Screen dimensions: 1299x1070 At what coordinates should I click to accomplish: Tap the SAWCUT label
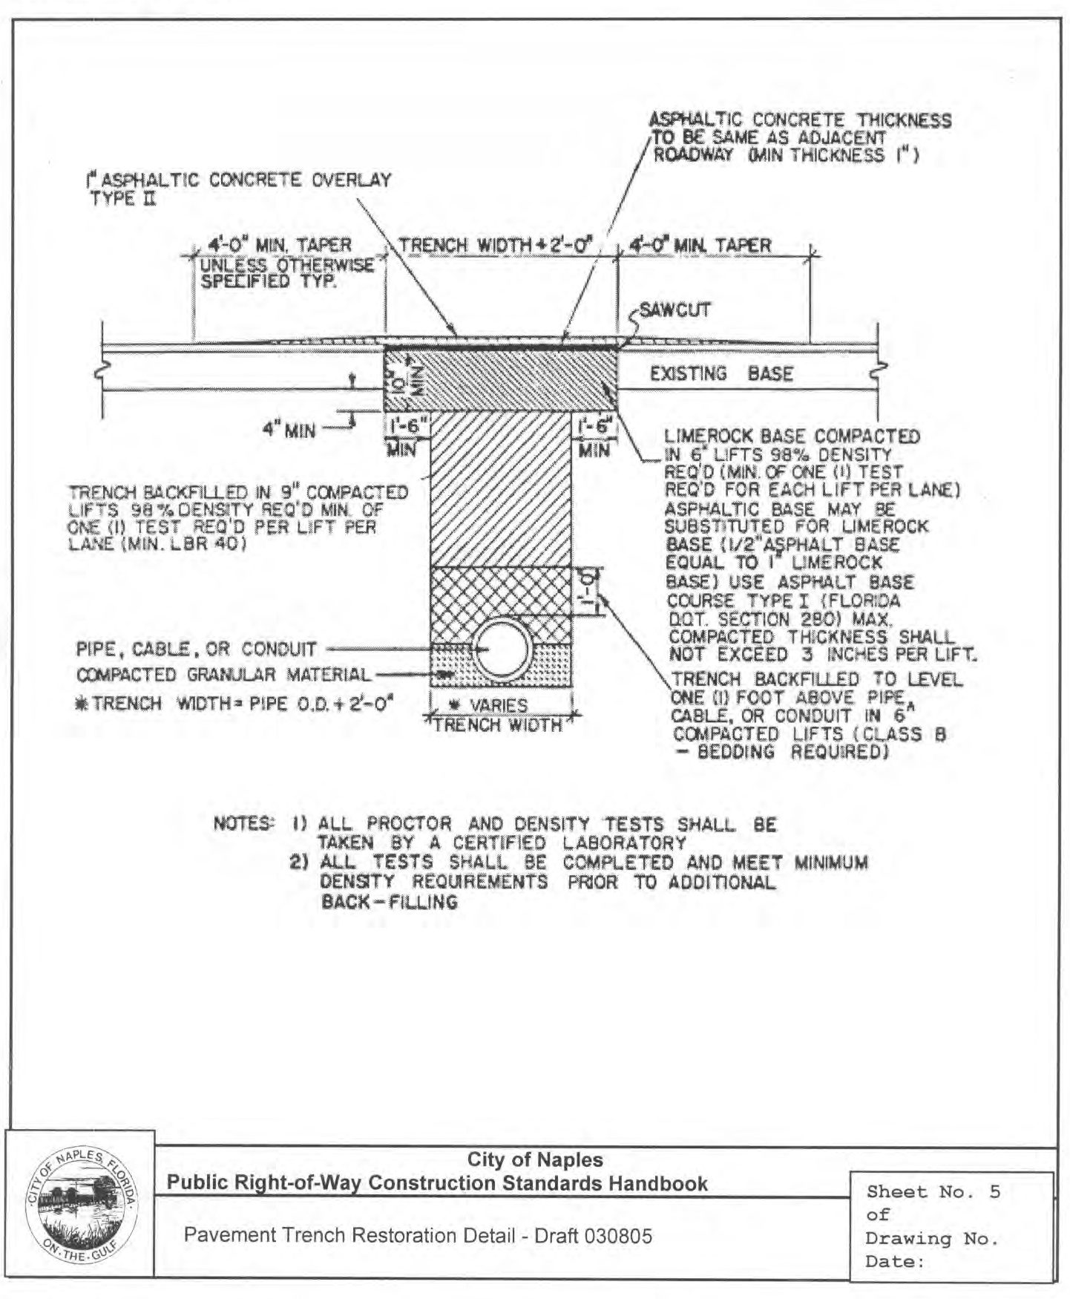675,310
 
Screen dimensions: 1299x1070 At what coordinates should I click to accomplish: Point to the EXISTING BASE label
721,373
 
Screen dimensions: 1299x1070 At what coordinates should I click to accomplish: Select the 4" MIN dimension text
289,431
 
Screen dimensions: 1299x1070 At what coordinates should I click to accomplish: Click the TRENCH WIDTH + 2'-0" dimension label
496,245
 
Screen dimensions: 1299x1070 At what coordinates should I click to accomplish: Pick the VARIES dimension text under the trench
499,704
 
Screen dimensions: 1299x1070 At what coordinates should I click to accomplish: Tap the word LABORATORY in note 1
623,843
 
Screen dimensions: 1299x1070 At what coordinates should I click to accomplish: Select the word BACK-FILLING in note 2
389,902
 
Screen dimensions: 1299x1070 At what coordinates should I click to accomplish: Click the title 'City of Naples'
534,1159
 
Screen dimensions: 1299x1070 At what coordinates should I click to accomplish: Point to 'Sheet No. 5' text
933,1192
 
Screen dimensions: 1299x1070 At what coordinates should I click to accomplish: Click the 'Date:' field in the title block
895,1261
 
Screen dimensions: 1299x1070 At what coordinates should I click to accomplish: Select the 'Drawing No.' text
932,1238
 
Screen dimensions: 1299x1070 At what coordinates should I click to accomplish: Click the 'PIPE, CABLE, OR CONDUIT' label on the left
197,649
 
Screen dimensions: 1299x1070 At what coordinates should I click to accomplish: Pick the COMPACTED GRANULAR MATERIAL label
223,675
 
